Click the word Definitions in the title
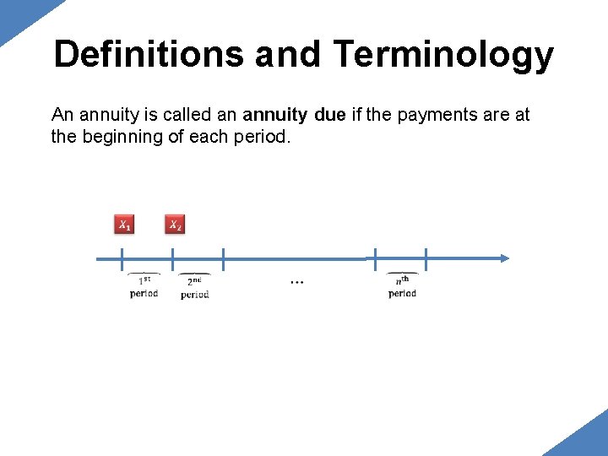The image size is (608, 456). click(x=148, y=55)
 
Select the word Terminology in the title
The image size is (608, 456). click(x=443, y=55)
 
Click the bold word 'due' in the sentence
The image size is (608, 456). click(x=328, y=115)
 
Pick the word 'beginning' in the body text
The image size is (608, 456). click(x=124, y=136)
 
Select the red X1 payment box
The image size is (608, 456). click(x=123, y=225)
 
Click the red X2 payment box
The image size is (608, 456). click(x=174, y=225)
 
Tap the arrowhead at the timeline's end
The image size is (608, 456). click(x=503, y=258)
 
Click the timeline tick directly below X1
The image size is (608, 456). click(x=122, y=258)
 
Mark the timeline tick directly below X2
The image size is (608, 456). click(x=172, y=258)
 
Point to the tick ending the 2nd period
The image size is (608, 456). click(x=223, y=258)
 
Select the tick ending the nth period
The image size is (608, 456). click(x=426, y=258)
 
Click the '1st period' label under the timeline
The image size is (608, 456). click(x=144, y=286)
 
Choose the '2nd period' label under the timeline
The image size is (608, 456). click(x=195, y=287)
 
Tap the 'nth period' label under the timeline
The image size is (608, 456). click(x=403, y=286)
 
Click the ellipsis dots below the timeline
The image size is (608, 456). click(x=296, y=281)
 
